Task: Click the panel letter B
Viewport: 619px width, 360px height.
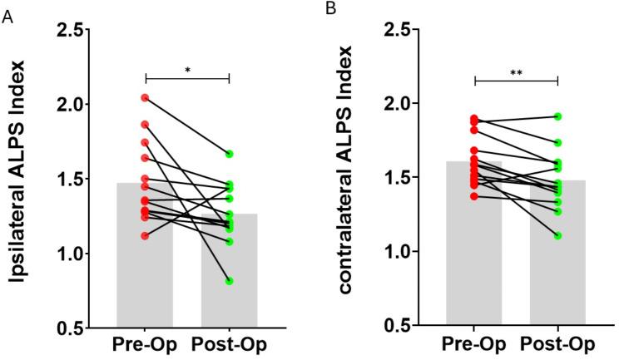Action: [x=330, y=9]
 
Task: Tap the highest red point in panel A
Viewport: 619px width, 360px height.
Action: [x=145, y=98]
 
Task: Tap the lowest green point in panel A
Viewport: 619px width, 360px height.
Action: [x=229, y=281]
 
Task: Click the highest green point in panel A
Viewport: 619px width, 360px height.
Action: [x=229, y=154]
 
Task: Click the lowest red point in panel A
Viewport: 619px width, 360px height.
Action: [x=145, y=236]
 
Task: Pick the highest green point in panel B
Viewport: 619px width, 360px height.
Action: [x=558, y=116]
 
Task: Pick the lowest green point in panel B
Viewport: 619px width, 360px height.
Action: [x=558, y=236]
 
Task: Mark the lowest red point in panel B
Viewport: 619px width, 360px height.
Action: [x=474, y=196]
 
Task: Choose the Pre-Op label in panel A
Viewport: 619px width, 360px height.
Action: [x=145, y=345]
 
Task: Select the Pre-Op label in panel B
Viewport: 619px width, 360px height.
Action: [x=474, y=345]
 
